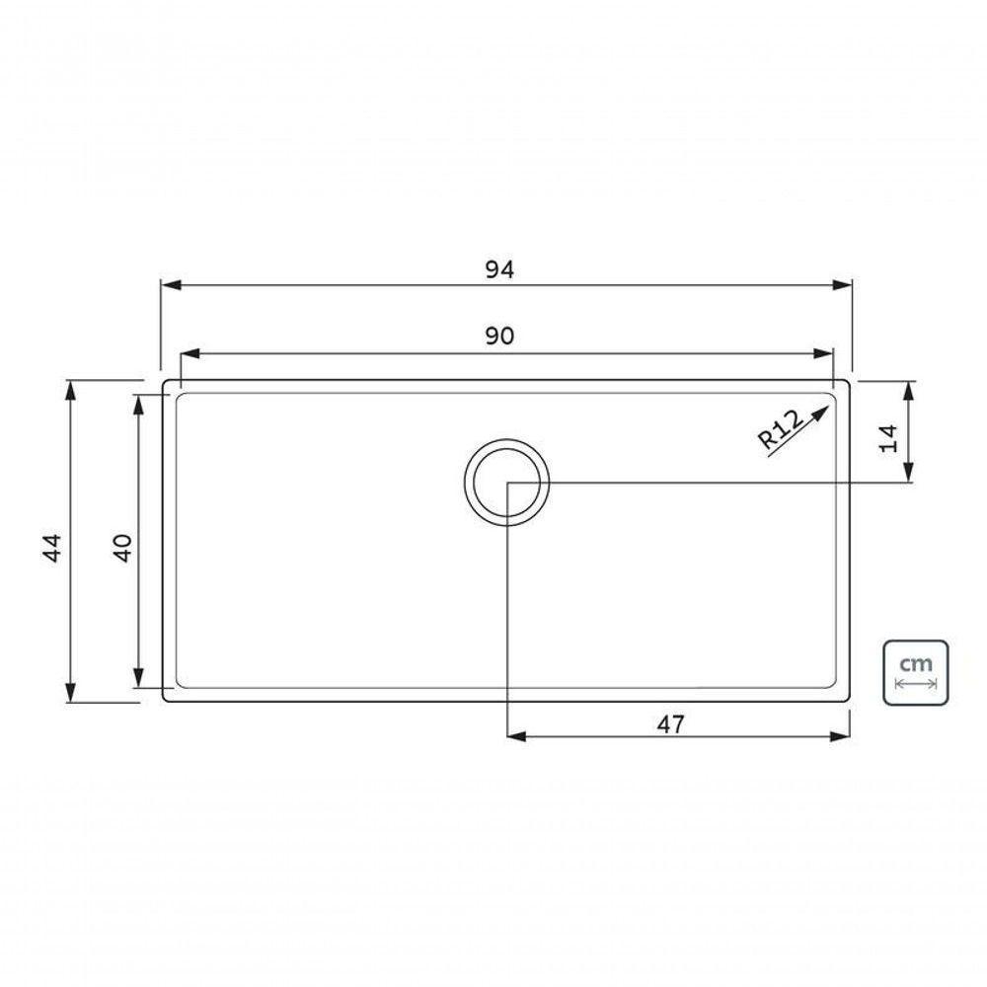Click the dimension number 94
tap(499, 269)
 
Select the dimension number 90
tap(499, 337)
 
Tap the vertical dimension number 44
tap(52, 547)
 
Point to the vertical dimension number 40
tap(122, 547)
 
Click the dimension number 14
tap(889, 439)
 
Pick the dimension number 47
tap(670, 724)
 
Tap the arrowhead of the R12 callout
tap(819, 414)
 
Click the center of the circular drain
tap(506, 483)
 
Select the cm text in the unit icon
tap(915, 663)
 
